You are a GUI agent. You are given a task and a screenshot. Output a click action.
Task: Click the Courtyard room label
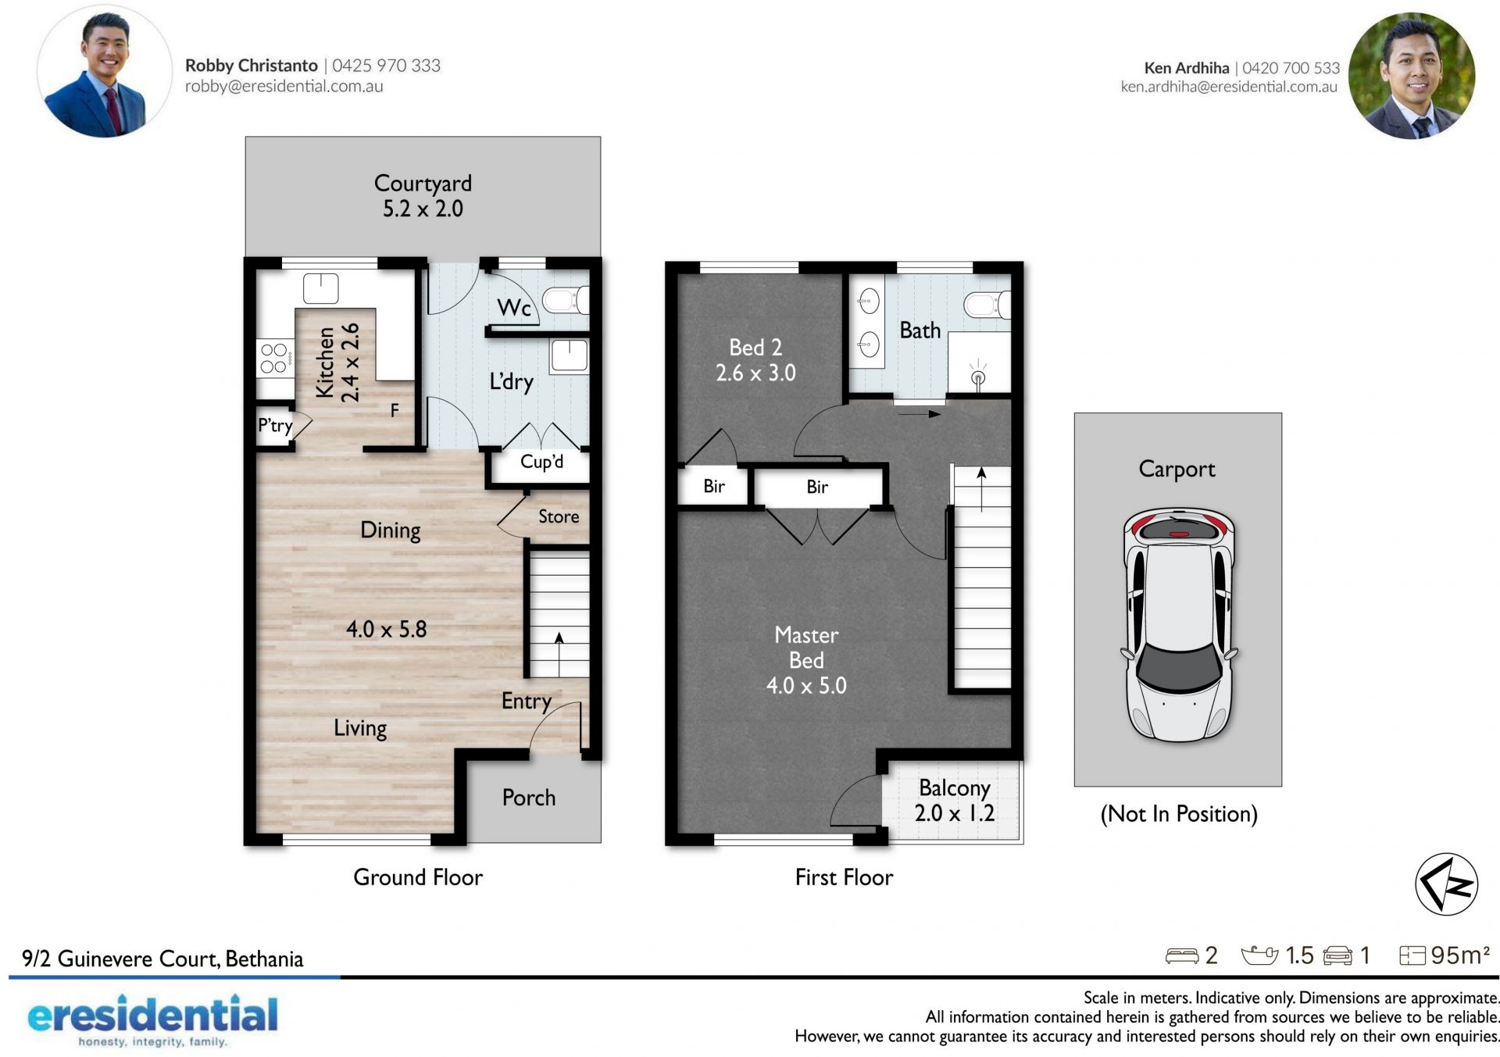(423, 184)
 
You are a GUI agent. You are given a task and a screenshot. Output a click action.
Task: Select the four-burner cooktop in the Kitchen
(275, 359)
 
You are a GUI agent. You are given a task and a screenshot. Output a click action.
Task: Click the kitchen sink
(320, 288)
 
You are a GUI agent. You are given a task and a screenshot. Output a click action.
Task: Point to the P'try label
(275, 425)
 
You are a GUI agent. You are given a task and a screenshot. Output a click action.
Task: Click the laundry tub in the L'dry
(570, 355)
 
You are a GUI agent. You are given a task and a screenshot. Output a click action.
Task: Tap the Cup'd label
(541, 462)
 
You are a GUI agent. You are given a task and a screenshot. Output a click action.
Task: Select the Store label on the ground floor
(559, 516)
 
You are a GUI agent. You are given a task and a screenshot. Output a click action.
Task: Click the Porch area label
(529, 798)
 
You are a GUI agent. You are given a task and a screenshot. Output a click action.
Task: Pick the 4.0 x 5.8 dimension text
(387, 630)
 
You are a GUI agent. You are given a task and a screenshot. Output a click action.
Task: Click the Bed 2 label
(755, 347)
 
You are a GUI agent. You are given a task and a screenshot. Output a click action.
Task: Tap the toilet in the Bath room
(987, 305)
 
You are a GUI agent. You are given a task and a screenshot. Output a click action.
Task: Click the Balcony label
(955, 788)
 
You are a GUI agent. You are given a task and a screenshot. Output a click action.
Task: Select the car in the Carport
(1179, 625)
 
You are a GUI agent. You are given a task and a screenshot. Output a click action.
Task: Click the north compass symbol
(1446, 884)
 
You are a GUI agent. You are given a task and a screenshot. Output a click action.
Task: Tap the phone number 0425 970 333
(387, 66)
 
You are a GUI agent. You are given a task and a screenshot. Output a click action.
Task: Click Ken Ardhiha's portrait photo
(1412, 76)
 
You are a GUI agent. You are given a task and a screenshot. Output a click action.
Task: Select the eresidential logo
(153, 1020)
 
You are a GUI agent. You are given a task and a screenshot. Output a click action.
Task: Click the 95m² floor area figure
(1460, 955)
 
